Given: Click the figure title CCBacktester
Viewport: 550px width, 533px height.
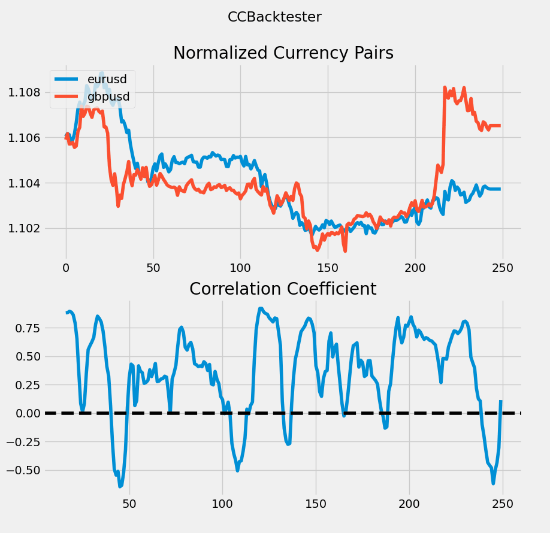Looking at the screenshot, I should pos(274,17).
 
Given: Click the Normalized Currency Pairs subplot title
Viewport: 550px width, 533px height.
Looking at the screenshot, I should pos(283,53).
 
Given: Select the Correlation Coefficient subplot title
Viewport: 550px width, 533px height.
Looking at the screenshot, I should pos(283,289).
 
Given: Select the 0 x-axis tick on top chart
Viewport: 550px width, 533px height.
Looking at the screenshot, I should pos(66,268).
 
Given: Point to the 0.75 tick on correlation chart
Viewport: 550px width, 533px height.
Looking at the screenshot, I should pos(23,328).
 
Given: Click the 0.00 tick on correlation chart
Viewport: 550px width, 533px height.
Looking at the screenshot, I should pos(23,413).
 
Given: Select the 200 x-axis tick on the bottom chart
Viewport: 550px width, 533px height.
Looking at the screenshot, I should pos(409,504).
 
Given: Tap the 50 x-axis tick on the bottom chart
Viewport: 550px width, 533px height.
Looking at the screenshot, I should pos(129,504).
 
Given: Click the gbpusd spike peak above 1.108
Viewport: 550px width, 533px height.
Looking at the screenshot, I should pos(445,87).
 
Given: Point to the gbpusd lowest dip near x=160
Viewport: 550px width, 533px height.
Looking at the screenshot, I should pos(344,251).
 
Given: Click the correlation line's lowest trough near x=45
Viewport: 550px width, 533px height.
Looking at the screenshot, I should pos(120,486).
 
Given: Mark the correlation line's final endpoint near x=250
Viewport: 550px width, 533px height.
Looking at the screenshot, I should pos(500,401).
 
